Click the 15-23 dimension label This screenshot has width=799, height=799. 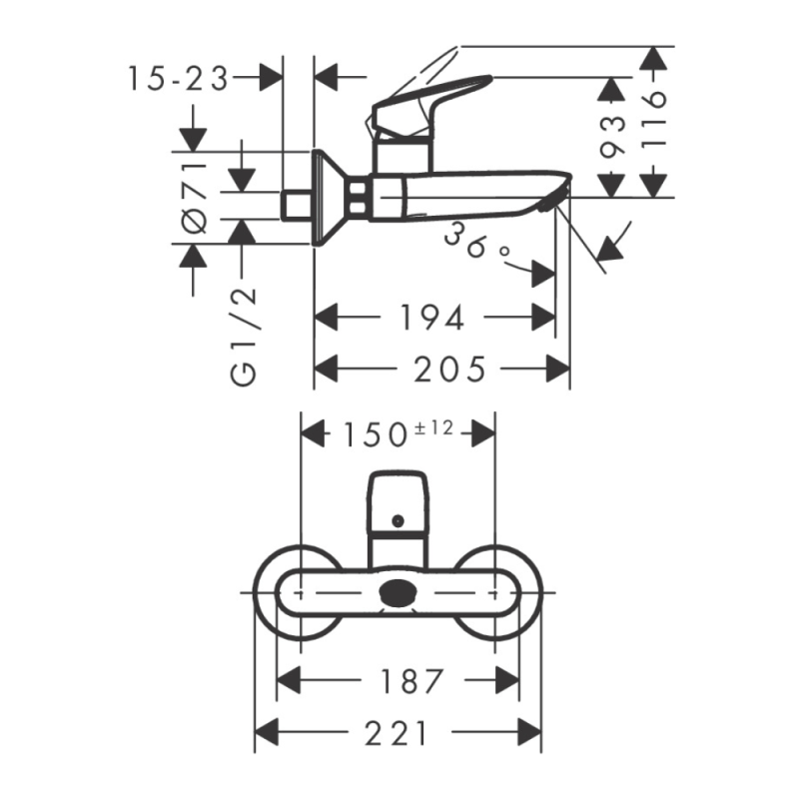[178, 79]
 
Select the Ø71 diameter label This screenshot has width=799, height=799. [195, 198]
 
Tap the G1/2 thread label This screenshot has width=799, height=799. [244, 337]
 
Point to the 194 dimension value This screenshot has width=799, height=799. [431, 318]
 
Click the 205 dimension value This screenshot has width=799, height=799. [449, 369]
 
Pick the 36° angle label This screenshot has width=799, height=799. [476, 242]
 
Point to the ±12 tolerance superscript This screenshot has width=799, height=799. [433, 428]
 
